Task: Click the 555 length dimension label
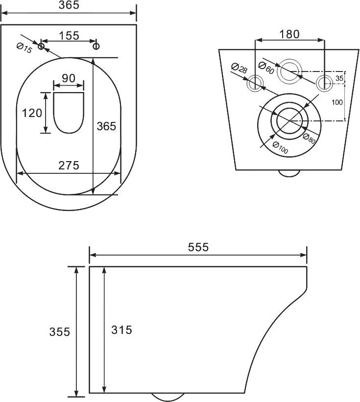point(198,247)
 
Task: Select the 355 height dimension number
point(59,332)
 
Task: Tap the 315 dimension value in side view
point(121,330)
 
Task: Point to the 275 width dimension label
point(69,166)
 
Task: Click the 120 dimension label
point(32,113)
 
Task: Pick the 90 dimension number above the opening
point(69,78)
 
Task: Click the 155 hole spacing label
point(69,36)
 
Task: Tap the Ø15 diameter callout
point(24,48)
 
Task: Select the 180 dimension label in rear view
point(289,34)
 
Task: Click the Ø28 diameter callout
point(239,68)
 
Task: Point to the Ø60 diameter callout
point(266,68)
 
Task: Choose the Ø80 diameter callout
point(309,139)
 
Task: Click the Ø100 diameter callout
point(280,148)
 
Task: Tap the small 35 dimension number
point(339,78)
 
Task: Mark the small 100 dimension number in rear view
point(337,102)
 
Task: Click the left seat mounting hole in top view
point(41,46)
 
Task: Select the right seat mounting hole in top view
point(96,46)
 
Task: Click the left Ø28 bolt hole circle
point(255,83)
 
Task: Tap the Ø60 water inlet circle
point(290,71)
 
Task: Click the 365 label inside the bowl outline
point(106,126)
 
